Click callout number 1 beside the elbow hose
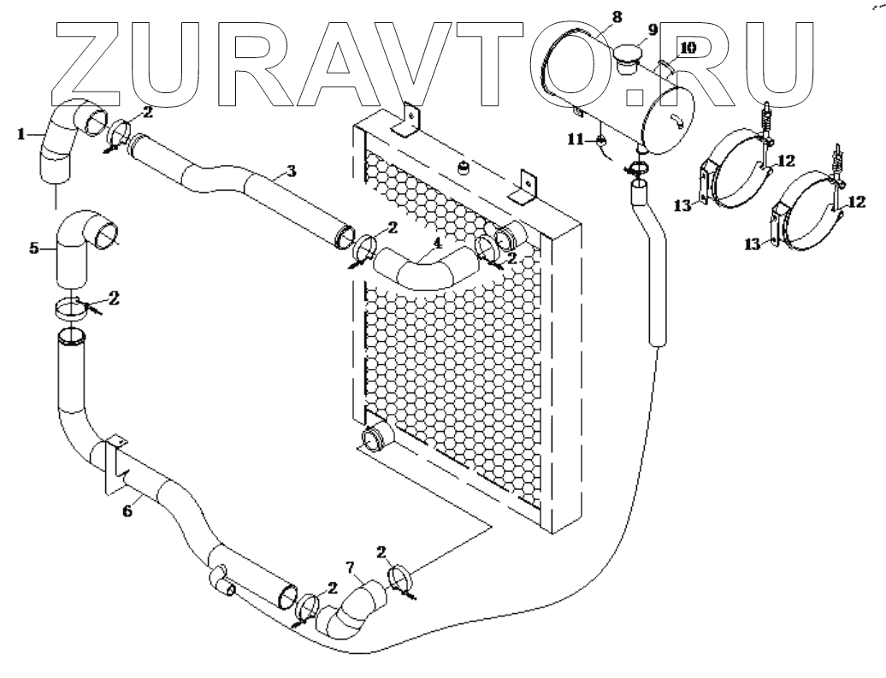click(22, 133)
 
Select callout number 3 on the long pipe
click(292, 171)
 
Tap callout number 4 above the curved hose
click(437, 242)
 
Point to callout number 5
click(34, 248)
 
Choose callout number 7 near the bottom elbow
click(348, 565)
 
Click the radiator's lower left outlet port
click(374, 439)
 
